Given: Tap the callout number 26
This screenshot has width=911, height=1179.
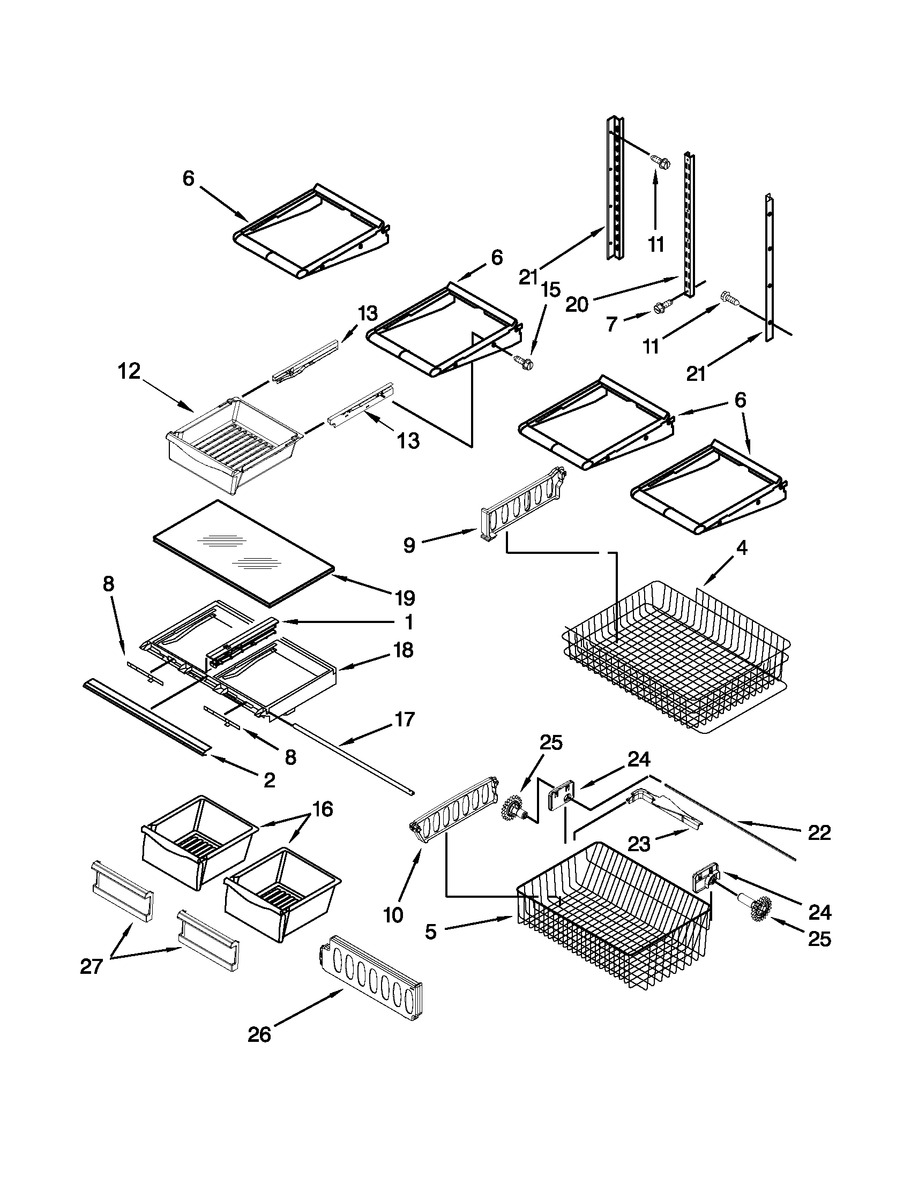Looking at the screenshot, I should (x=259, y=1035).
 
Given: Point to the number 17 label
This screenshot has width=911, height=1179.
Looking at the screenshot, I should (x=405, y=719).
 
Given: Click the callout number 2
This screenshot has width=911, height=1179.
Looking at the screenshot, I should (x=268, y=779).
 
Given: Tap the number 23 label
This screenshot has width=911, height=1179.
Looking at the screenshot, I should (x=639, y=844).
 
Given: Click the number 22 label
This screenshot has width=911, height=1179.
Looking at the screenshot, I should (x=819, y=833).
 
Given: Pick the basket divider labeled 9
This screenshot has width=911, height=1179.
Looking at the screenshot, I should (x=521, y=505).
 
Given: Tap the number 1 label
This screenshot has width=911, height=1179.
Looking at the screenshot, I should (x=409, y=622).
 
